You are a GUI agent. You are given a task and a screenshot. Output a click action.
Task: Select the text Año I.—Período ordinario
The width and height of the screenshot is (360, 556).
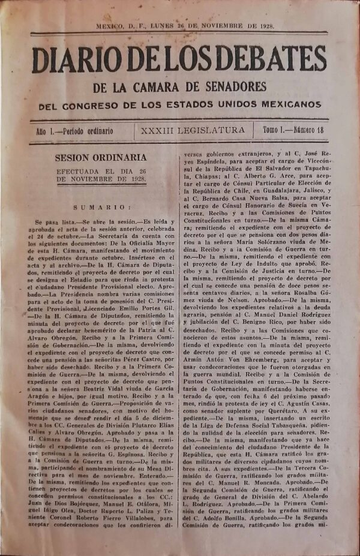pyautogui.click(x=74, y=130)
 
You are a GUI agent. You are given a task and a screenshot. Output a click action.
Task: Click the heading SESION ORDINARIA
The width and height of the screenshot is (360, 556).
pyautogui.click(x=101, y=158)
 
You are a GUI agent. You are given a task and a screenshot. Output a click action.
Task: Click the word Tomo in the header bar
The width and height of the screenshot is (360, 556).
pyautogui.click(x=269, y=130)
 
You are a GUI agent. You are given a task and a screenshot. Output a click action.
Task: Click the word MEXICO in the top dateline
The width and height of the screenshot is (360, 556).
pyautogui.click(x=109, y=26)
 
